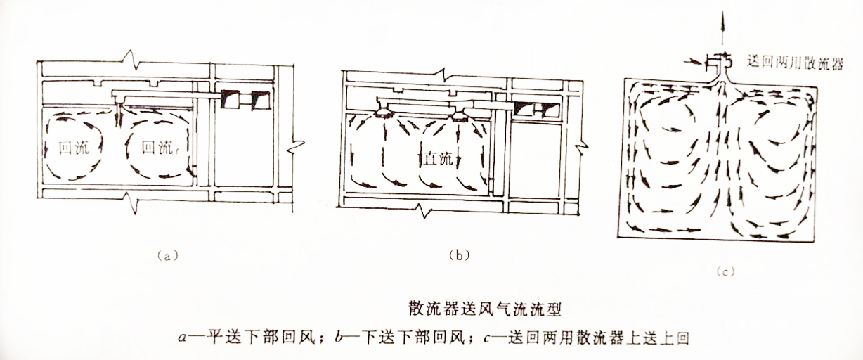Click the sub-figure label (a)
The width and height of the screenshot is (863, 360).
point(165,256)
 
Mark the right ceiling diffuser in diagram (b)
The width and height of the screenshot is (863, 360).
point(460,112)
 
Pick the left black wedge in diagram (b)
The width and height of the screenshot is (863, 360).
point(522,108)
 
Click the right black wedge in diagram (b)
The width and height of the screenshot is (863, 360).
point(547,108)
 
